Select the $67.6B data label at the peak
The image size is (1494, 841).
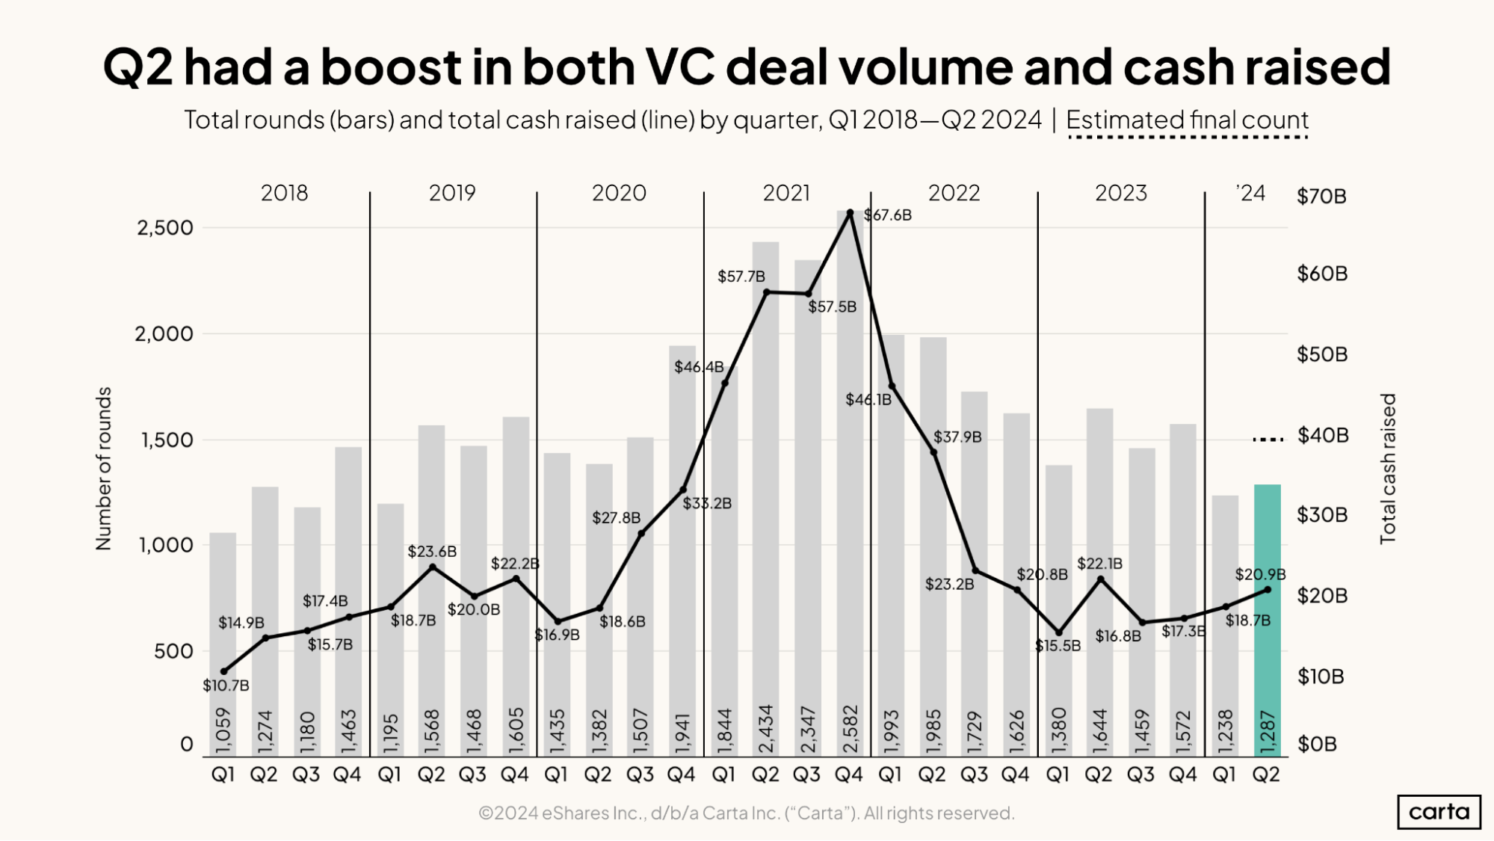(x=888, y=215)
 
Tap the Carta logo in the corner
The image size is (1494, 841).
(x=1439, y=812)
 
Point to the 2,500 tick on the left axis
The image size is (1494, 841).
(x=165, y=227)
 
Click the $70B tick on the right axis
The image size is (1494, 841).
(x=1321, y=197)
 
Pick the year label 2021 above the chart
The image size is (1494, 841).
(x=786, y=193)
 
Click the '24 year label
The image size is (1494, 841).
(x=1250, y=194)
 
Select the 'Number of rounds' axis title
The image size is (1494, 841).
(x=104, y=469)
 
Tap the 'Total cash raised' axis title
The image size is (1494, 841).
(x=1387, y=469)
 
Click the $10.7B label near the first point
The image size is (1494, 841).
(x=226, y=686)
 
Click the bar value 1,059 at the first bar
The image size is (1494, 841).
(x=223, y=732)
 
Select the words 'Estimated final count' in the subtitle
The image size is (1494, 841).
(x=1187, y=120)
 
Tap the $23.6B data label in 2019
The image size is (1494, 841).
(x=432, y=552)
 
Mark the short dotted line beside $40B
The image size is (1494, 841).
(x=1268, y=440)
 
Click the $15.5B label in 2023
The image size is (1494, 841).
(x=1058, y=646)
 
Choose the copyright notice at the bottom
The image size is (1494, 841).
(x=746, y=813)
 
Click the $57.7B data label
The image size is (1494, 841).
(x=741, y=277)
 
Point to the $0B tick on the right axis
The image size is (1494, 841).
(x=1317, y=745)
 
